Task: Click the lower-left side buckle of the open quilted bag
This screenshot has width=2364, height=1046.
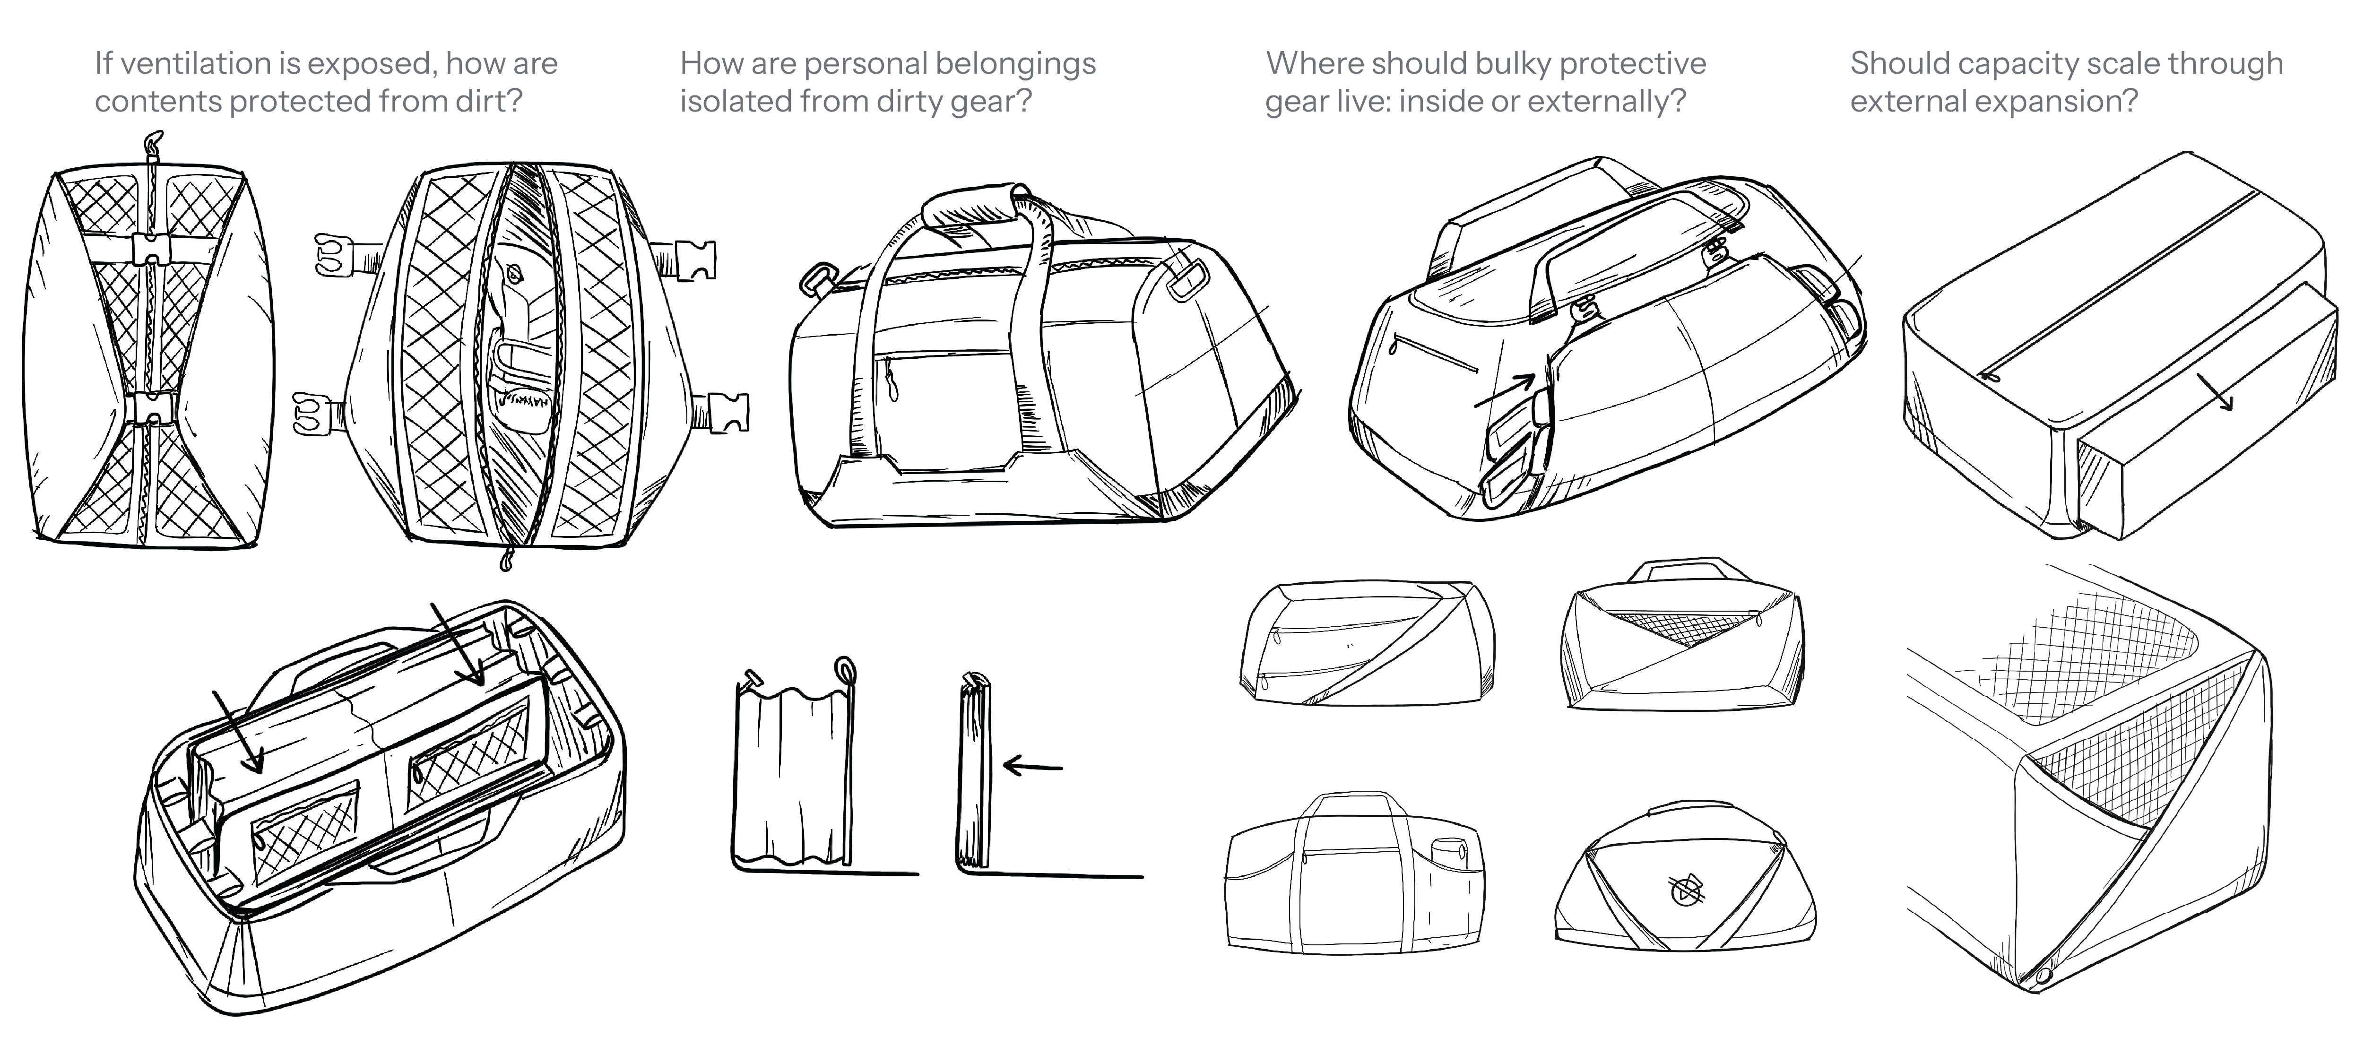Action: click(x=312, y=414)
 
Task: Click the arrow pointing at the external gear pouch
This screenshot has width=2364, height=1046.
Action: click(x=1505, y=390)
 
